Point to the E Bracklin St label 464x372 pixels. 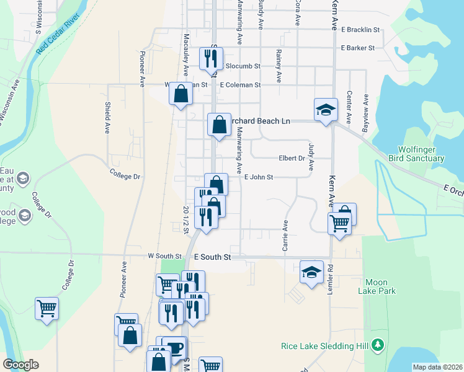pos(360,29)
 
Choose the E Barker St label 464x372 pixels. pos(358,48)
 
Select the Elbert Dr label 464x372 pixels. pos(292,158)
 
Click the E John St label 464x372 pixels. pos(259,177)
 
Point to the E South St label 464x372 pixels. pos(212,256)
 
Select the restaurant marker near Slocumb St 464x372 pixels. pos(210,58)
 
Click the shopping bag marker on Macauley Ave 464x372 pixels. pos(181,94)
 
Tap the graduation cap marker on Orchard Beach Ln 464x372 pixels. pos(326,110)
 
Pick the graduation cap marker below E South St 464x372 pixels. pos(311,272)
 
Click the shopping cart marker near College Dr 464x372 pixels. pos(47,308)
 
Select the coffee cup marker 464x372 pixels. pos(174,347)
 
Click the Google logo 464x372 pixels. pos(20,365)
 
